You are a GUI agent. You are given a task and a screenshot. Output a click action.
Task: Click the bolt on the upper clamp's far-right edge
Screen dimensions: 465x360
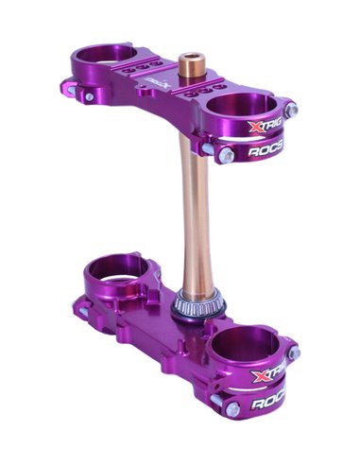pos(292,110)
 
